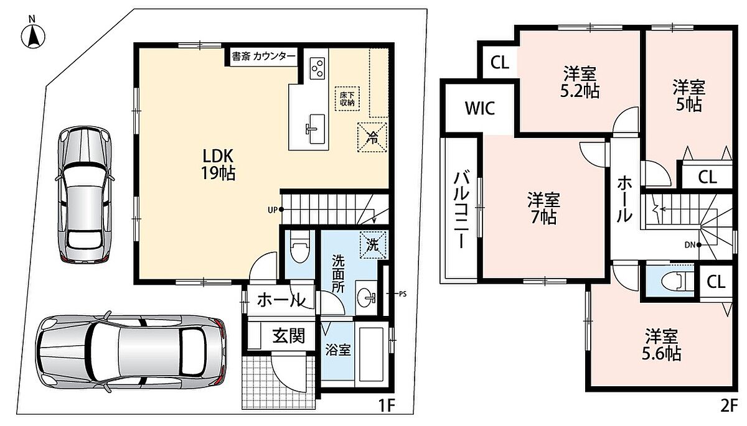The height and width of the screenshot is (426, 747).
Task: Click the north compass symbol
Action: (x=32, y=35)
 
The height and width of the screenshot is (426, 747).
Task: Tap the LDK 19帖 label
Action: (x=218, y=165)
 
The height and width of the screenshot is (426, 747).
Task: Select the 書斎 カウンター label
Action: (x=263, y=57)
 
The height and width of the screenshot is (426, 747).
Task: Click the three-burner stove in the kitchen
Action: (x=317, y=68)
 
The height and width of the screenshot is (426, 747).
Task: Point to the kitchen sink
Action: (x=316, y=129)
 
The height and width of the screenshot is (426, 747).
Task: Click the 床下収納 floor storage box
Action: (x=347, y=99)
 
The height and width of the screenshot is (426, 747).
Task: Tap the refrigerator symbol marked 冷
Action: (x=372, y=137)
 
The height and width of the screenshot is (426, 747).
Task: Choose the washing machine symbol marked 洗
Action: (x=373, y=245)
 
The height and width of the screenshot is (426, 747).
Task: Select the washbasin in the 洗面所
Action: (x=367, y=297)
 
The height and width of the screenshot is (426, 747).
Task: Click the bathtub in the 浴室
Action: (x=372, y=354)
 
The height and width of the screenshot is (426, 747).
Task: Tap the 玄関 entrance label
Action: (x=288, y=336)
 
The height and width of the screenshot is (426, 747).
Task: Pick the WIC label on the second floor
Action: (x=480, y=108)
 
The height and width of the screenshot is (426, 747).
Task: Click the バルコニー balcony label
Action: (x=461, y=210)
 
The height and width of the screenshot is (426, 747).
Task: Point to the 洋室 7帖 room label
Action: (x=543, y=208)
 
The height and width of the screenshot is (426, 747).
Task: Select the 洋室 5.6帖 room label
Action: (x=661, y=345)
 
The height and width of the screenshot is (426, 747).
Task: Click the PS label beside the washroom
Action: (x=403, y=294)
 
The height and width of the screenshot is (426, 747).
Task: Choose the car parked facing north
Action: (x=85, y=195)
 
